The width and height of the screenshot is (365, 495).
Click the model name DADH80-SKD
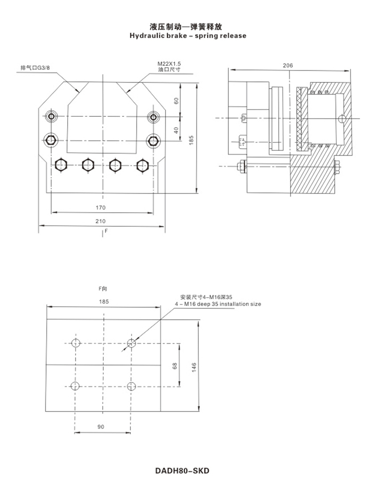(x=182, y=470)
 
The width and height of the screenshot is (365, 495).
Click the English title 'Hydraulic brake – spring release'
(x=188, y=35)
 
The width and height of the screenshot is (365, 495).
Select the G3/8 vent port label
(x=35, y=68)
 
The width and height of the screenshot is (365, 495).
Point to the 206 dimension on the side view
(x=288, y=65)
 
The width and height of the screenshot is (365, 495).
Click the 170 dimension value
(x=101, y=208)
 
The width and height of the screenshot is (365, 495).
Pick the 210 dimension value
(x=101, y=221)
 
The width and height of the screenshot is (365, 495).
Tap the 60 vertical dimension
(x=176, y=101)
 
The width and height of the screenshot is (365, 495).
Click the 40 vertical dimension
(x=176, y=130)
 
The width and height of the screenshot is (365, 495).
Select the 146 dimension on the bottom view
(x=193, y=367)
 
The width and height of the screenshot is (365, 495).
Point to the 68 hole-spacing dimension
(x=175, y=366)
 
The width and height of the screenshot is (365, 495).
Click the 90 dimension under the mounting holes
(x=101, y=427)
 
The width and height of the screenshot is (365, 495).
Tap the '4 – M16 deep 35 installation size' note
(x=218, y=304)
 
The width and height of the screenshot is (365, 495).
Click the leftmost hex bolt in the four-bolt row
(x=60, y=165)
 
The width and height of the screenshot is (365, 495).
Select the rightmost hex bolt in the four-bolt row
(x=142, y=165)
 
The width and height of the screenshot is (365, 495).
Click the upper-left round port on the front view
(x=51, y=117)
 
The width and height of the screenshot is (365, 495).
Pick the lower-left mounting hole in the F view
(x=75, y=386)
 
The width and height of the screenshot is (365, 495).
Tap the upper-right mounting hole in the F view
(x=131, y=343)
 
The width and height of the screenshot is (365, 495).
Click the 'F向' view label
(x=103, y=288)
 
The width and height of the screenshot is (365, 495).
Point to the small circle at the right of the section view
(x=342, y=119)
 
